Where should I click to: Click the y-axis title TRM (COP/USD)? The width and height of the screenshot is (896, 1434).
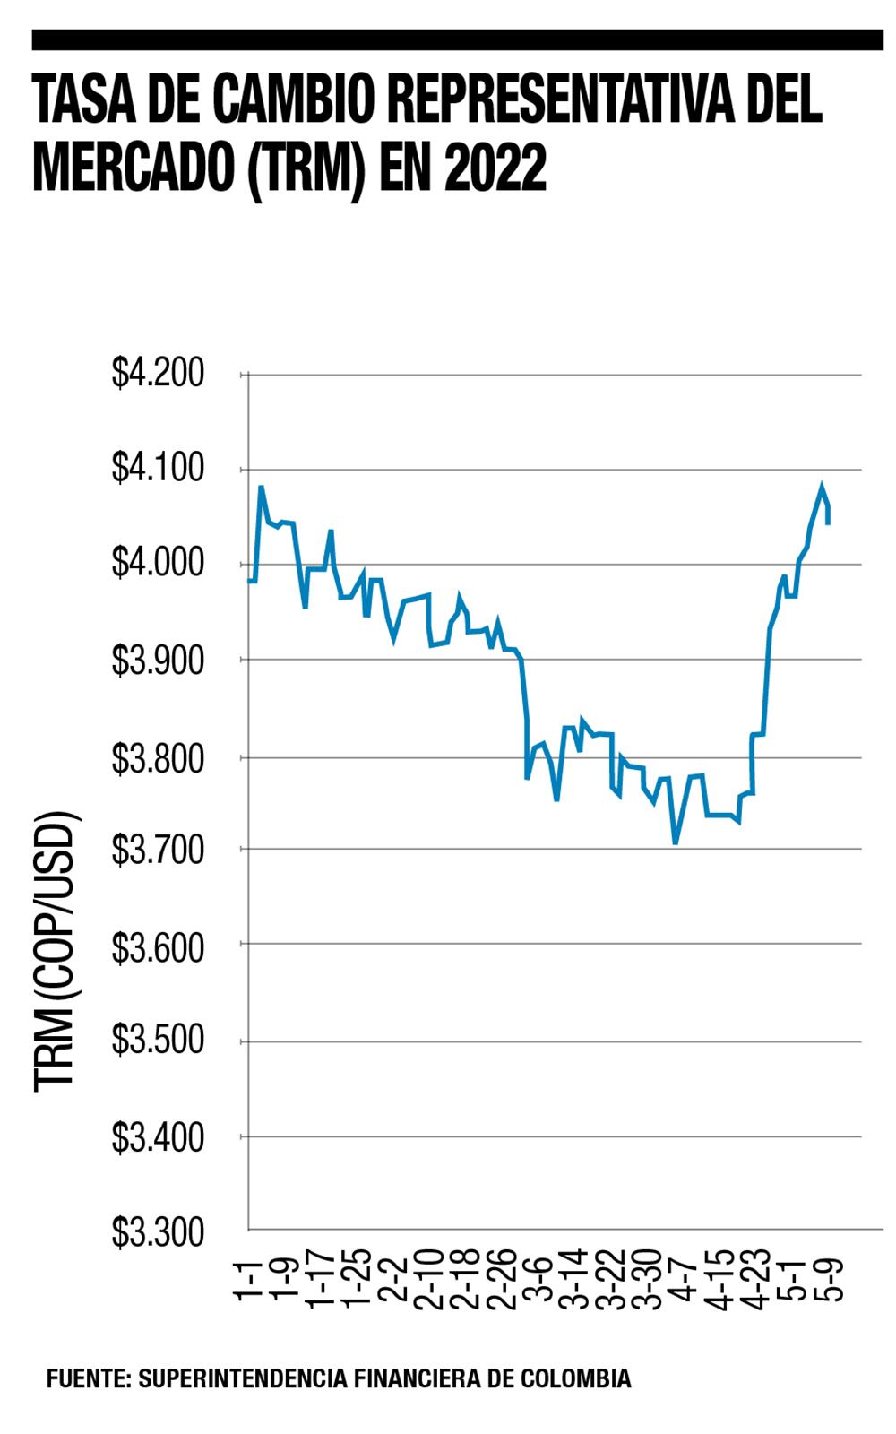point(56,950)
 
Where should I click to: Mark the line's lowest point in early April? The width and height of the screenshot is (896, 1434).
point(676,842)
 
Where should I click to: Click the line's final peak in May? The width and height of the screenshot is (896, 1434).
point(821,487)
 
